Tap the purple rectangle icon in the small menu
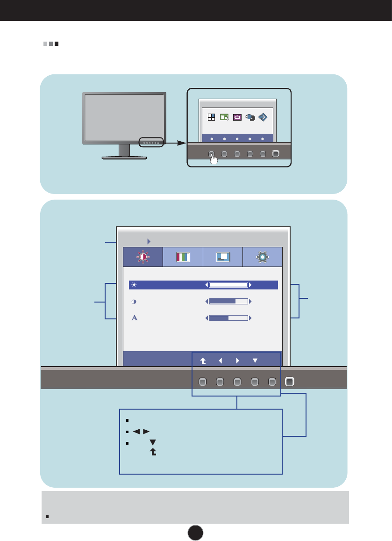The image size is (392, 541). [237, 117]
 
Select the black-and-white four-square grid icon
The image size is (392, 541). [211, 117]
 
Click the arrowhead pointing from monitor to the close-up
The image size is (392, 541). [183, 143]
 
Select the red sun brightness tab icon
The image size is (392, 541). [143, 257]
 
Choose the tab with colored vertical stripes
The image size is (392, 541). [183, 257]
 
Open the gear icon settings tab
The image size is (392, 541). [263, 257]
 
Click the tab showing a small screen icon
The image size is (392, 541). [223, 257]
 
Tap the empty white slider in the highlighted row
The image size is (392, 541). [228, 285]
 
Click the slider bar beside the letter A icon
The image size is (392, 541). [228, 318]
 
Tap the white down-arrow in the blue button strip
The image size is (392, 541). [255, 361]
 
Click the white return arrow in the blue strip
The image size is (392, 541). [203, 361]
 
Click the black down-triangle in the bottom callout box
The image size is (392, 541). [152, 442]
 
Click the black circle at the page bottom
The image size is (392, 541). [196, 532]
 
